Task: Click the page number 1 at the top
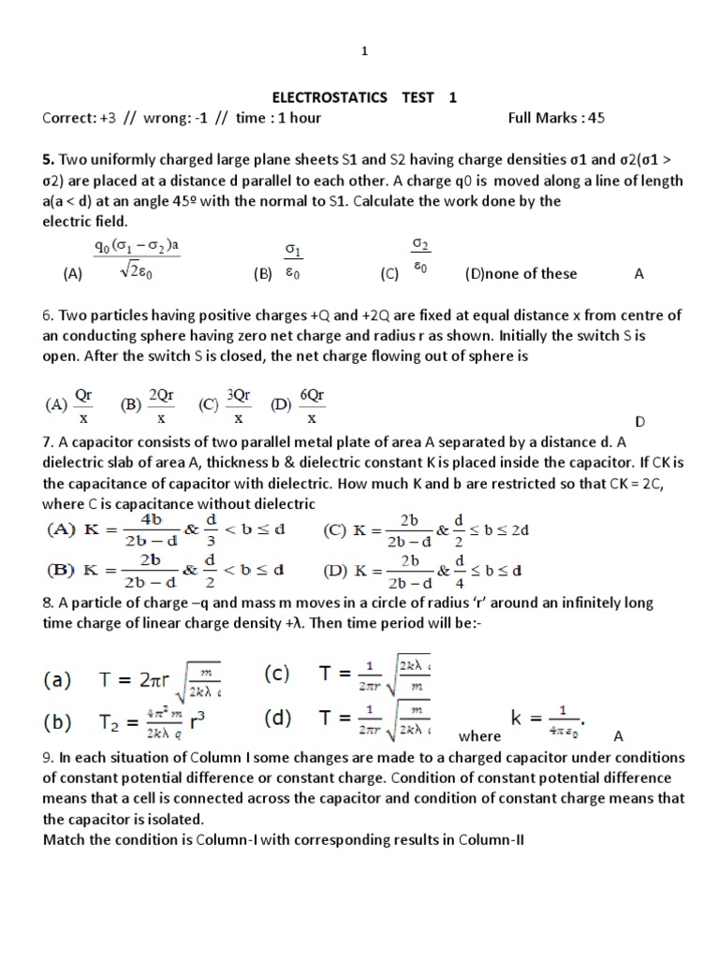(365, 52)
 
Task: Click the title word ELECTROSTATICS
(323, 97)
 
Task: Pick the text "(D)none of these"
(521, 273)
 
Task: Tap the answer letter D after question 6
(640, 422)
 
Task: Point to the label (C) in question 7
(335, 530)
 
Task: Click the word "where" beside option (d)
(479, 736)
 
